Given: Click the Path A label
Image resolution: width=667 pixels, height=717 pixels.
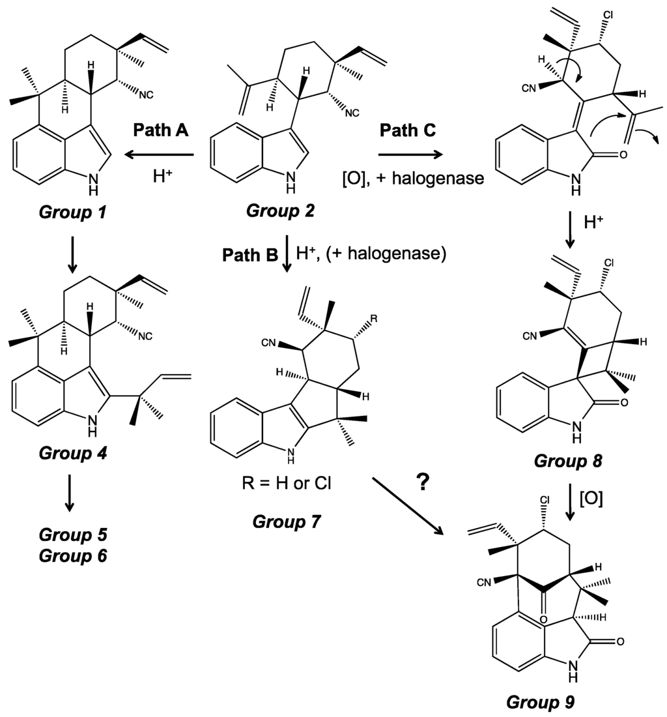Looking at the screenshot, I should pyautogui.click(x=161, y=130).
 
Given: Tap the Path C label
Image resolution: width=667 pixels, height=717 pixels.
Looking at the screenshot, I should pyautogui.click(x=408, y=130).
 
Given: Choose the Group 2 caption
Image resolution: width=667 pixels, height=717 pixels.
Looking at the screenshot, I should pyautogui.click(x=279, y=211).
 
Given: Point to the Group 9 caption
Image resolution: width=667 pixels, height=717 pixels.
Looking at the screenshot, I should pyautogui.click(x=543, y=702).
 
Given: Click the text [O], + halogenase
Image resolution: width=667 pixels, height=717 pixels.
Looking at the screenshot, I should pyautogui.click(x=413, y=177).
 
